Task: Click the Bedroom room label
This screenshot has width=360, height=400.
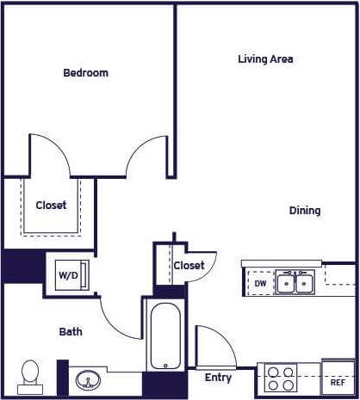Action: pos(86,73)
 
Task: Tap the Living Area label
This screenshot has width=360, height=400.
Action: pos(265,59)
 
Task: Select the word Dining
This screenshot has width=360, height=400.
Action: pos(304,210)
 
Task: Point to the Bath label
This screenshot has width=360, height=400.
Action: pos(71,331)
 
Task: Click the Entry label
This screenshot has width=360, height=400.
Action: pos(218,378)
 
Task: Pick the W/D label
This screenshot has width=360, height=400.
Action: pos(67,275)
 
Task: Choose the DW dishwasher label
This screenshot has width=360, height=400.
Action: pos(260,282)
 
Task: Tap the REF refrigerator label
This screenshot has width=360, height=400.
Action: pos(338,381)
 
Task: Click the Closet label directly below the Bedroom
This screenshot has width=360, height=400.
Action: pos(51,206)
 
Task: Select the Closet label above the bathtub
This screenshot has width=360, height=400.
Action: pos(189,266)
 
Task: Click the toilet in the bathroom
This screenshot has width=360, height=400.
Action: pos(30,374)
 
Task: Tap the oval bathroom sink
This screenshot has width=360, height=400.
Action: pos(88,379)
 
